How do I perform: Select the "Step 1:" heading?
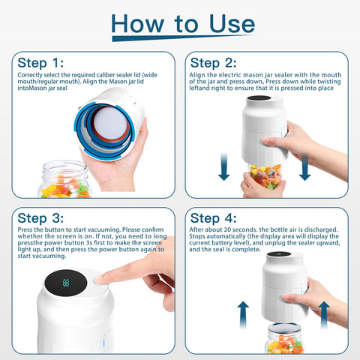tap(42, 62)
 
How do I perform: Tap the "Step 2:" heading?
tap(215, 62)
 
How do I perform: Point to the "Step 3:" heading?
tap(42, 218)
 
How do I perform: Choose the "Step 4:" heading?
tap(215, 218)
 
